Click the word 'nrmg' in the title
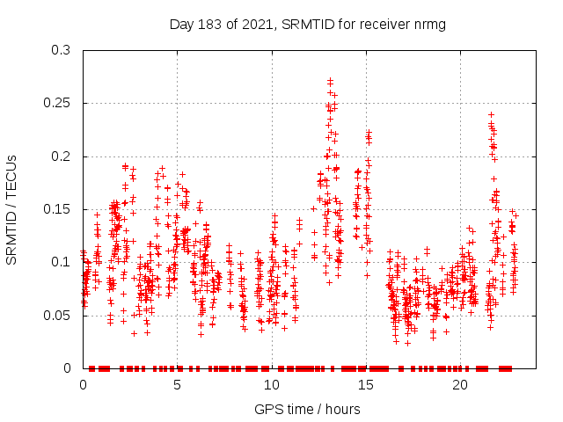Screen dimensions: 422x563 tap(427, 24)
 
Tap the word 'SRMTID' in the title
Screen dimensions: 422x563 tap(303, 24)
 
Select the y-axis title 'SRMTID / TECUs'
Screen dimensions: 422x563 tap(12, 209)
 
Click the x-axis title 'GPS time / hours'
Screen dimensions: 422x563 tap(307, 409)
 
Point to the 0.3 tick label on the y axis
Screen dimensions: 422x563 tap(63, 50)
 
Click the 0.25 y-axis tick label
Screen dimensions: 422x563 tap(60, 104)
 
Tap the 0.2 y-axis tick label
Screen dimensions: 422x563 tap(63, 156)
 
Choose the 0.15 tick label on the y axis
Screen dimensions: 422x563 tap(60, 209)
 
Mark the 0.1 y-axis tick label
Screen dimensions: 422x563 tap(63, 262)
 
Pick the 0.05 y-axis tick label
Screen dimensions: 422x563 tap(60, 315)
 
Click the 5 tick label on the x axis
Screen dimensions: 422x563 tap(177, 385)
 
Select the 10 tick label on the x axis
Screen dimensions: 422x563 tap(271, 385)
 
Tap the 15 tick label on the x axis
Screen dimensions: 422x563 tap(365, 385)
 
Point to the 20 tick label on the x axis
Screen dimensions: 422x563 tap(459, 385)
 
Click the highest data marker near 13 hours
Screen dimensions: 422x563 tap(330, 80)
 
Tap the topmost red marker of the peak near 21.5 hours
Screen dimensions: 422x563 tap(491, 114)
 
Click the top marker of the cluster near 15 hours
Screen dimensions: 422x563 tap(369, 133)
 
